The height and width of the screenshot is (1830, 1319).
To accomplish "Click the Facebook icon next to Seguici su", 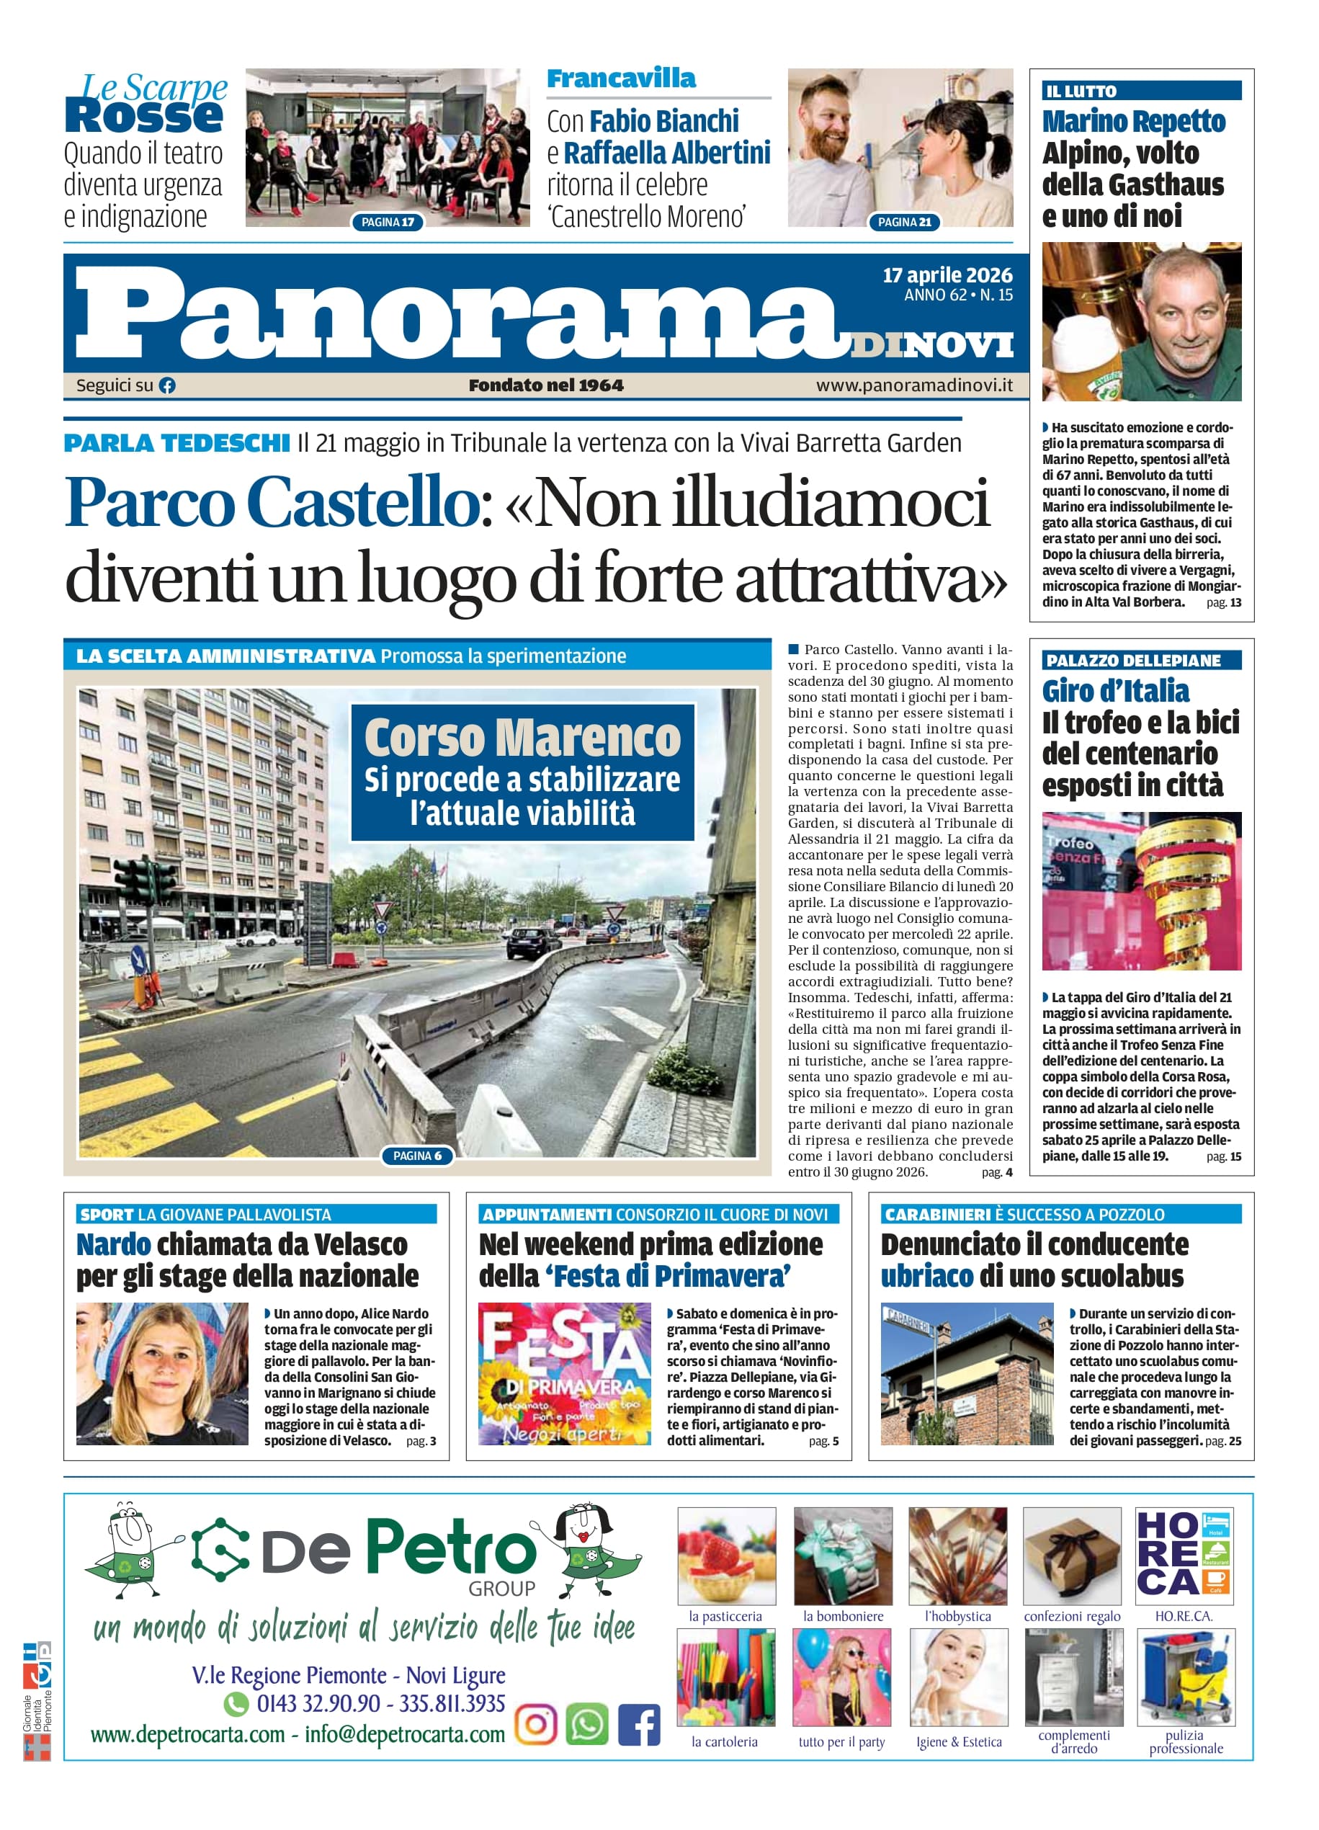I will click(x=167, y=385).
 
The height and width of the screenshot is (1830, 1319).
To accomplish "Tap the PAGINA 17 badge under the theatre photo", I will click(x=388, y=222).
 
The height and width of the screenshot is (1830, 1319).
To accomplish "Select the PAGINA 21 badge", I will click(x=904, y=222).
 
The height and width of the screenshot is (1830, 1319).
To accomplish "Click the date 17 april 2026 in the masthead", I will click(x=947, y=275).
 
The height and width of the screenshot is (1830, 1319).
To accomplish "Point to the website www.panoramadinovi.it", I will click(x=914, y=385).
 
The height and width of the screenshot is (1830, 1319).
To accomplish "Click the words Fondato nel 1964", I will click(x=546, y=385).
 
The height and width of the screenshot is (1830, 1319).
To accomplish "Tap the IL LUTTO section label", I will click(x=1081, y=91).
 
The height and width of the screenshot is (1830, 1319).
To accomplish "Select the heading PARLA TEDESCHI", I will click(x=176, y=443).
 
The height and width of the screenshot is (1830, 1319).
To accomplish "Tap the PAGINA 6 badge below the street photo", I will click(x=417, y=1156).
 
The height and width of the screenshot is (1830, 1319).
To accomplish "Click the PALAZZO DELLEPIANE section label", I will click(x=1132, y=660).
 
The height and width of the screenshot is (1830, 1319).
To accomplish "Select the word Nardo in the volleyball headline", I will click(x=114, y=1245).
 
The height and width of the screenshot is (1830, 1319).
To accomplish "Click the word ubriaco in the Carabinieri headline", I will click(x=927, y=1277).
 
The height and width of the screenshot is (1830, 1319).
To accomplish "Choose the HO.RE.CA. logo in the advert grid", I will click(x=1184, y=1555).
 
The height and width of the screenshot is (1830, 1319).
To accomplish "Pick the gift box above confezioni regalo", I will click(x=1071, y=1555).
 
